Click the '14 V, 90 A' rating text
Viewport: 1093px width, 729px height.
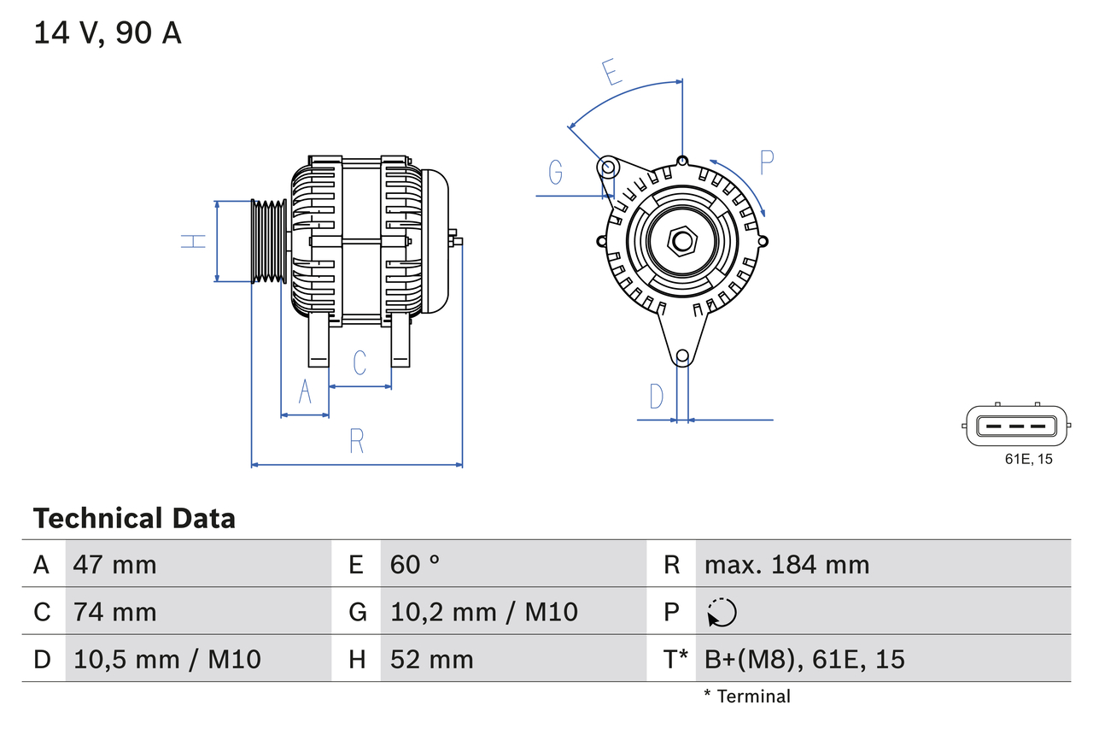point(107,33)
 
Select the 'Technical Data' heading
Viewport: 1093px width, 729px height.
point(133,518)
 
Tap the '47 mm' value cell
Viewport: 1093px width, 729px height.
point(114,564)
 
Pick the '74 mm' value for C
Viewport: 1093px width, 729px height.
point(114,612)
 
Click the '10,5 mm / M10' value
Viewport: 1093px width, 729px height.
point(167,659)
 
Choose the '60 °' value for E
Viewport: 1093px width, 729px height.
point(415,564)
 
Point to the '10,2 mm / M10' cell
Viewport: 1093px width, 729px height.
point(483,612)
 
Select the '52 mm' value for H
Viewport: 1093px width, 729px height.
point(431,659)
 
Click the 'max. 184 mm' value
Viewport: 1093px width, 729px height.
point(786,564)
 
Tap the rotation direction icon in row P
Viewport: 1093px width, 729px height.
point(722,613)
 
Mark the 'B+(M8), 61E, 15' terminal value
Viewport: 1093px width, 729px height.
point(804,659)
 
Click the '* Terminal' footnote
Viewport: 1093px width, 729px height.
point(747,697)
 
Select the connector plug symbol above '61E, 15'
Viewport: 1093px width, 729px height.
point(1015,425)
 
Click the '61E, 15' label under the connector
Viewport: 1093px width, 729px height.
point(1028,460)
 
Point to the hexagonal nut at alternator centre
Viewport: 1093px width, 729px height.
point(681,241)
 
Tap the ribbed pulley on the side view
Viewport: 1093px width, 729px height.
point(269,241)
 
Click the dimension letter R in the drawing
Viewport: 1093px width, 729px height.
point(357,441)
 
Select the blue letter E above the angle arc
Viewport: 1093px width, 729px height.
point(611,73)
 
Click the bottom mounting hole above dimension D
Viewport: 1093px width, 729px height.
point(682,356)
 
